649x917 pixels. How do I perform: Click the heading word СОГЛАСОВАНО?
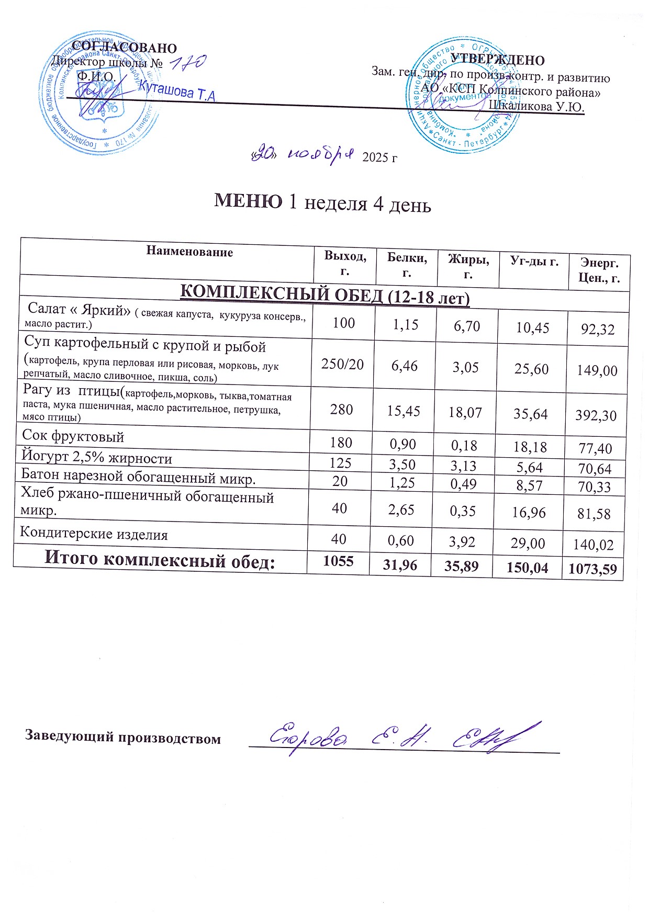point(125,48)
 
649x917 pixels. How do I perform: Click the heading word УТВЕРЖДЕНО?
point(497,60)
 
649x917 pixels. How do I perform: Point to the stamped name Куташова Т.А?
point(177,92)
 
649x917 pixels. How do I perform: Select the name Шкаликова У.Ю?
point(536,106)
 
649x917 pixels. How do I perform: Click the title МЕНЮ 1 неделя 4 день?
point(322,203)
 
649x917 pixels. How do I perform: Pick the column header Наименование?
point(189,252)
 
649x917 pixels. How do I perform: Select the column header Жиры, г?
point(468,267)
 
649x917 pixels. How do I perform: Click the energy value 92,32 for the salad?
point(598,329)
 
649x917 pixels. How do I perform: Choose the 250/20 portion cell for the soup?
point(342,365)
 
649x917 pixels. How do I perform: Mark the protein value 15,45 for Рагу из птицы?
point(404,411)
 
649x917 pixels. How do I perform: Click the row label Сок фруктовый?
point(73,436)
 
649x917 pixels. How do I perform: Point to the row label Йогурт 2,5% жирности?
point(96,458)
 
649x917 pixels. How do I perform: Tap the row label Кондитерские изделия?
point(94,534)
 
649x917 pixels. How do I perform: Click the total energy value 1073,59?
point(592,569)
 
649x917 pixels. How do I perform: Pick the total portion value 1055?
point(338,561)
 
